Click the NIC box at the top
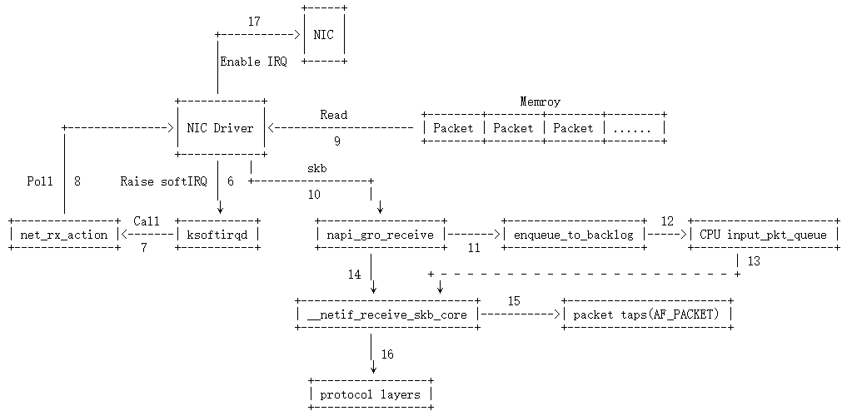[x=324, y=35]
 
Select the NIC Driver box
[x=221, y=128]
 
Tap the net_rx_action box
[x=64, y=235]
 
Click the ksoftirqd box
[x=217, y=235]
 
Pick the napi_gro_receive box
[x=379, y=235]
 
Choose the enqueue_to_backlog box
[x=573, y=235]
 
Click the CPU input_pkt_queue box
[x=764, y=235]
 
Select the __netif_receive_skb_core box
[x=388, y=314]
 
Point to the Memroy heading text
[x=540, y=102]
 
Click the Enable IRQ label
[x=253, y=62]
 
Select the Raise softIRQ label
[x=163, y=181]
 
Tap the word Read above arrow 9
[x=333, y=115]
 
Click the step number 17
[x=255, y=19]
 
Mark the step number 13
[x=754, y=261]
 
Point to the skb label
[x=316, y=168]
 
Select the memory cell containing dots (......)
[x=635, y=128]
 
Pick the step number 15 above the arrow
[x=514, y=300]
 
